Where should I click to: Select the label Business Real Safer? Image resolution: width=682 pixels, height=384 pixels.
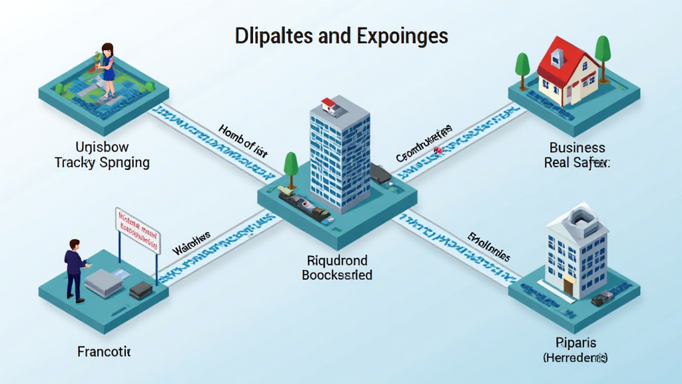pos(577,155)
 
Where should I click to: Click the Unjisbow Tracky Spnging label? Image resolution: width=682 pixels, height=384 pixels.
pos(102,155)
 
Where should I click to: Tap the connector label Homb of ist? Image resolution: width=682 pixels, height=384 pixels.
pos(242,141)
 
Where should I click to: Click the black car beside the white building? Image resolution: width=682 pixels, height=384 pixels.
pos(603,298)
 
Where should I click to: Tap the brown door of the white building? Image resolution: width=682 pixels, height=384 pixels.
pos(568,286)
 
